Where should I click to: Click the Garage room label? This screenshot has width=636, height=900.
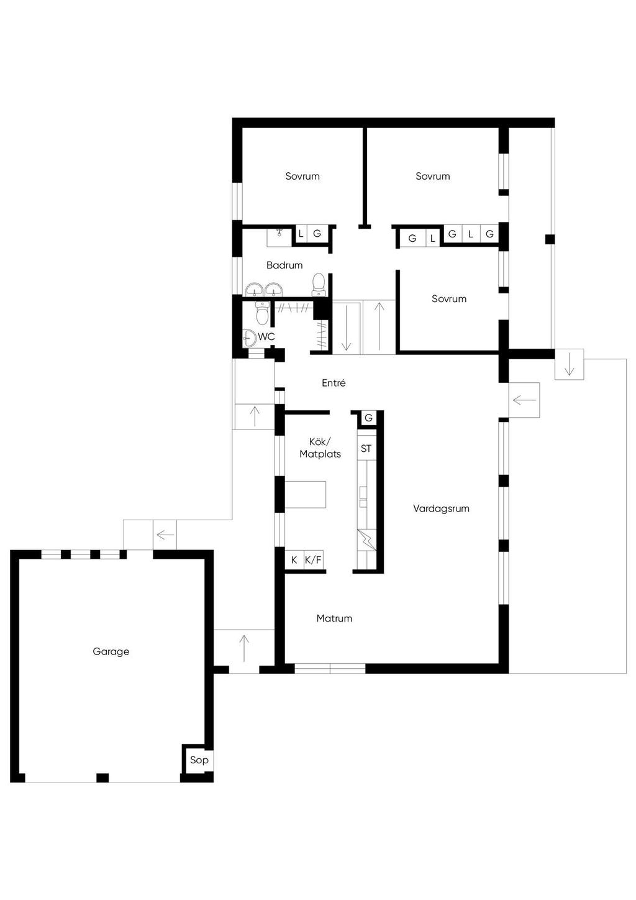tap(111, 651)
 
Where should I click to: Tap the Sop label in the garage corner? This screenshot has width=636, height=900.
tap(199, 760)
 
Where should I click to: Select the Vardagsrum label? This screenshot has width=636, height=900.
tap(441, 508)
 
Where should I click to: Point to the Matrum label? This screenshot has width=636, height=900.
tap(335, 618)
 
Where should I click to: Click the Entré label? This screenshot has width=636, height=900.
tap(334, 383)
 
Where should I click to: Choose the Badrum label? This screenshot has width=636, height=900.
tap(284, 265)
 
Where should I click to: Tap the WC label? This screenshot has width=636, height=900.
tap(266, 336)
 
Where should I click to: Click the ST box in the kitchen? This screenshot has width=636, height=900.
tap(366, 448)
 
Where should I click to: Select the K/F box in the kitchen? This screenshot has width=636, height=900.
tap(314, 560)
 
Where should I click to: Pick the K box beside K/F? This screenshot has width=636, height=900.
tap(294, 560)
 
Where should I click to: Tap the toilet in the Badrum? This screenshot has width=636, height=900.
tap(319, 285)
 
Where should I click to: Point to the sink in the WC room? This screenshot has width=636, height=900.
tap(249, 338)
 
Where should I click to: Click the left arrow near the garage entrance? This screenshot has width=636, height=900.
tap(165, 535)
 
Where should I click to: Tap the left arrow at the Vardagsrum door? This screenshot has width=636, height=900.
tap(524, 400)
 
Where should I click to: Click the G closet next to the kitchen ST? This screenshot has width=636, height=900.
tap(368, 418)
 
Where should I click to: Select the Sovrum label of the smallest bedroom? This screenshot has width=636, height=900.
tap(449, 298)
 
